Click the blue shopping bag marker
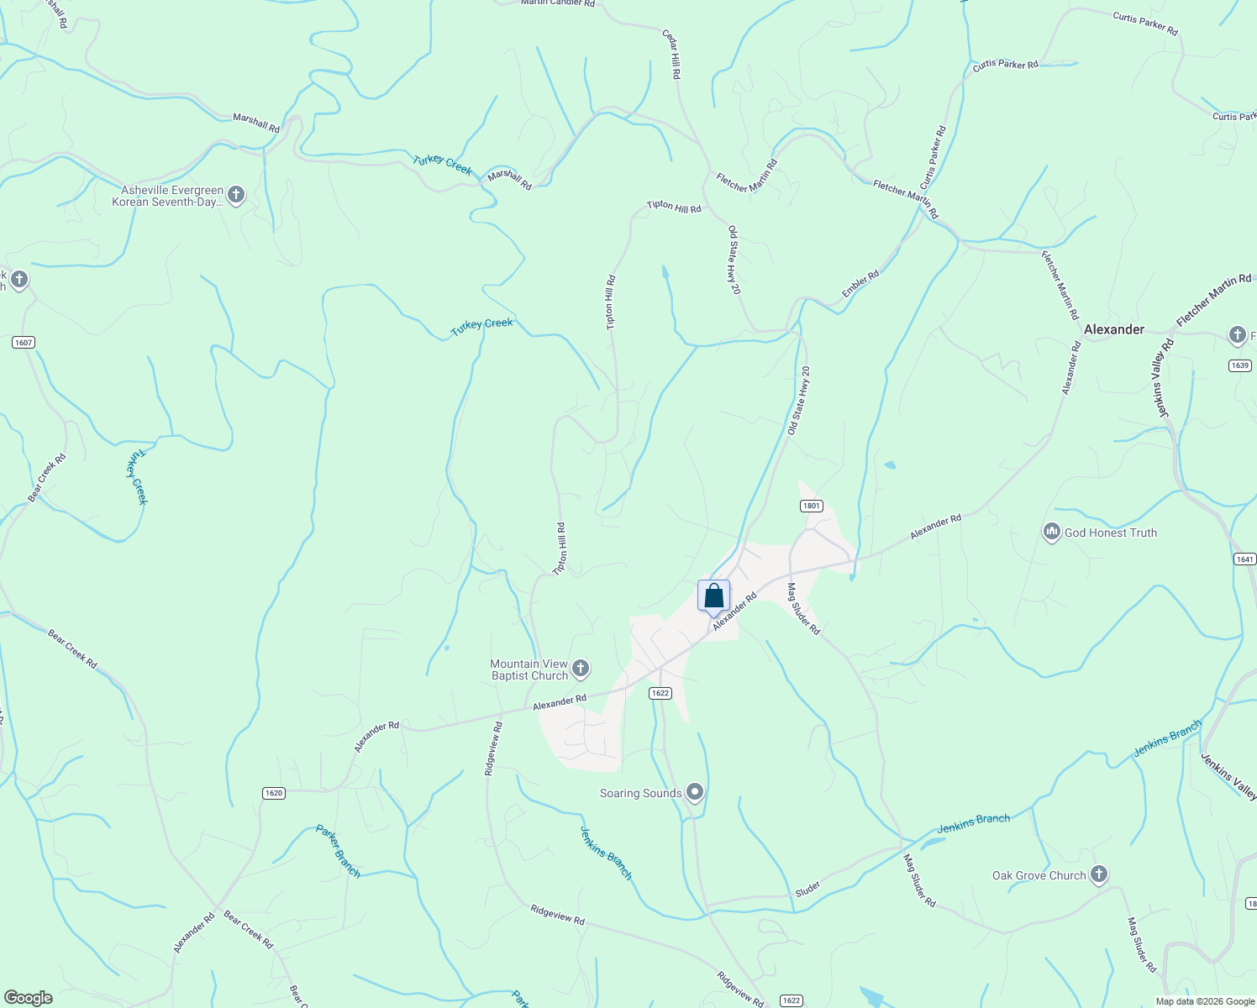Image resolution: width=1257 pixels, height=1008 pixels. (x=713, y=597)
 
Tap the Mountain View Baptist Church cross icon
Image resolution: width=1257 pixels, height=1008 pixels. (x=581, y=669)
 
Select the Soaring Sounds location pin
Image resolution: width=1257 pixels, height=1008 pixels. (x=695, y=792)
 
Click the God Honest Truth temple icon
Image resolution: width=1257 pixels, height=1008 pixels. (x=1051, y=533)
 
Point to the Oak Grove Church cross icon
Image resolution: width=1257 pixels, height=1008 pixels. (x=1098, y=875)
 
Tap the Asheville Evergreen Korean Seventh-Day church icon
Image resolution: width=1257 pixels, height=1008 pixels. (x=236, y=196)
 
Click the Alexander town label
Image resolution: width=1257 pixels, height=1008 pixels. (x=1113, y=329)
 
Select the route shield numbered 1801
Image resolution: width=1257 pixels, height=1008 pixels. (x=811, y=506)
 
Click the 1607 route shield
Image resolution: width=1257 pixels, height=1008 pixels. (x=24, y=342)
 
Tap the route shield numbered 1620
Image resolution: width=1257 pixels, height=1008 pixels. (x=274, y=793)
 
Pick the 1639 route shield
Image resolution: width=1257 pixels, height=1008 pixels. (x=1239, y=365)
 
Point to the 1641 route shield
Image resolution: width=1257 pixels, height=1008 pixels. (x=1244, y=559)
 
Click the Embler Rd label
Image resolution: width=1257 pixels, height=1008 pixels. (x=860, y=283)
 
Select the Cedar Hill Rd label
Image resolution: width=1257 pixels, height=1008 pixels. (x=671, y=55)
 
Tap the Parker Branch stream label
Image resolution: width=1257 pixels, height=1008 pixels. (x=338, y=851)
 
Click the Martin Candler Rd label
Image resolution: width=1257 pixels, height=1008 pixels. (x=557, y=3)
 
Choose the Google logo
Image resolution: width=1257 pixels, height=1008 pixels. (x=29, y=998)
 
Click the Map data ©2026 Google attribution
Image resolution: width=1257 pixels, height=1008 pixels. (x=1205, y=1001)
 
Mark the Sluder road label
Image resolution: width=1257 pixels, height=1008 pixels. (x=807, y=889)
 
